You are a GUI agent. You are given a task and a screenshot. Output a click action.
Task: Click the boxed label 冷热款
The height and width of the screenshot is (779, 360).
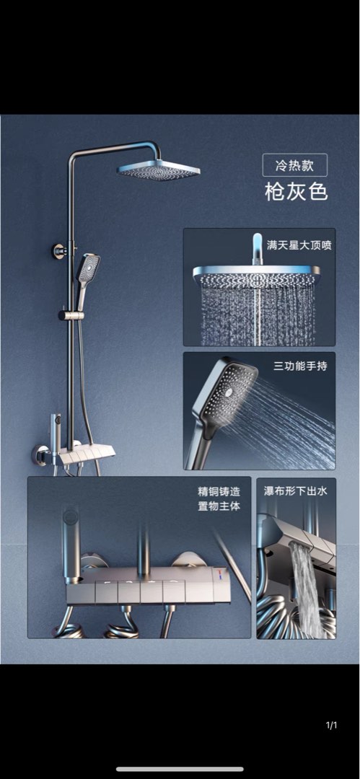(x=294, y=165)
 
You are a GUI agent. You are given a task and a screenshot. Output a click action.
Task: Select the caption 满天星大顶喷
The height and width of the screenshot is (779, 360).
(x=299, y=245)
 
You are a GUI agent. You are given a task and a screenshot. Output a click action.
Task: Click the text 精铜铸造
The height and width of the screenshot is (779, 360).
(x=219, y=491)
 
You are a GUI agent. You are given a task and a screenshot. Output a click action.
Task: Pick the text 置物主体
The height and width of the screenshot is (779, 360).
(x=219, y=506)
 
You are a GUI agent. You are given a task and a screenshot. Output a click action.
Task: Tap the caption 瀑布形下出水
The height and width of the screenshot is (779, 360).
(x=296, y=491)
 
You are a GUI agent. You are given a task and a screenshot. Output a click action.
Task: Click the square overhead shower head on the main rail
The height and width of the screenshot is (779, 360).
(x=159, y=171)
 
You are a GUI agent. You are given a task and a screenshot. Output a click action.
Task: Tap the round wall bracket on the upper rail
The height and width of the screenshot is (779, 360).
(x=60, y=251)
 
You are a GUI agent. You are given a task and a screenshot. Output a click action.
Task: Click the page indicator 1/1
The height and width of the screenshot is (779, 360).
(x=331, y=725)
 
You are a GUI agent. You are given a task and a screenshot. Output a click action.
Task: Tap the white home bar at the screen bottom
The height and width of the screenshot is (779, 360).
(x=180, y=769)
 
